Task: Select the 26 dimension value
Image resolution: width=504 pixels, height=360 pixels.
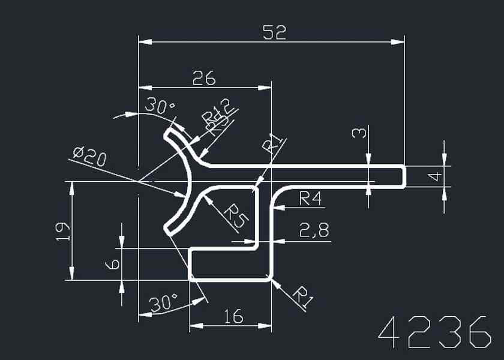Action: (203, 78)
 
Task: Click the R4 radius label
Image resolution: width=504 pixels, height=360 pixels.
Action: (311, 198)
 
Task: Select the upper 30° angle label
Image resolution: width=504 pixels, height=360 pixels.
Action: (160, 107)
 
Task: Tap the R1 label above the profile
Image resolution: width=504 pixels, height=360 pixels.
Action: (274, 144)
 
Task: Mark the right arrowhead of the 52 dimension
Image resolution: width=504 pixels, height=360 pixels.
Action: (398, 42)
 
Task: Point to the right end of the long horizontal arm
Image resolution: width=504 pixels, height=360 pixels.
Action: (404, 176)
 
